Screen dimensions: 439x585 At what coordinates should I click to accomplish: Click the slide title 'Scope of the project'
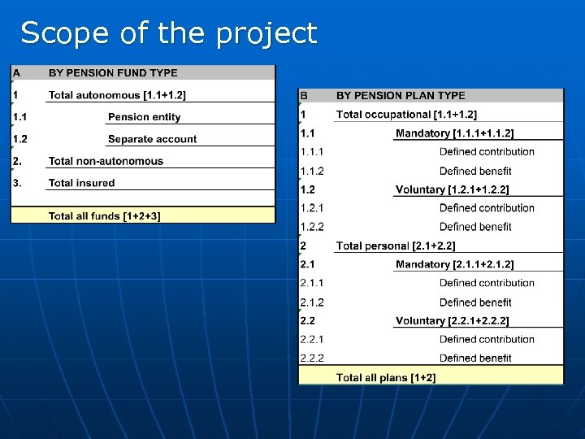pos(168,33)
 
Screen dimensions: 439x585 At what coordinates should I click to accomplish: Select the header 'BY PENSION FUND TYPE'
pos(113,73)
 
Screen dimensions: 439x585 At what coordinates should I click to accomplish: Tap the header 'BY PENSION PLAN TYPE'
pos(401,96)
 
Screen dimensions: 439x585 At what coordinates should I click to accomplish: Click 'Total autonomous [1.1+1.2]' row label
pos(117,95)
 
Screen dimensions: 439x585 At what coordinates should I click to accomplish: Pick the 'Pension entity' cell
pos(145,117)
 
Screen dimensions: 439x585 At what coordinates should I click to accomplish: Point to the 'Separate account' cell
pos(152,139)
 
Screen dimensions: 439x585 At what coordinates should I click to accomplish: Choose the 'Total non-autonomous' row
pos(106,161)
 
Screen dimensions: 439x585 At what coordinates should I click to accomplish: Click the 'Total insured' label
pos(81,183)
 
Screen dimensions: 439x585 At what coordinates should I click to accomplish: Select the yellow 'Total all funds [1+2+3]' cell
pos(105,215)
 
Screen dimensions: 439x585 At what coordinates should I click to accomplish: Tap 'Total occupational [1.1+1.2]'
pos(406,115)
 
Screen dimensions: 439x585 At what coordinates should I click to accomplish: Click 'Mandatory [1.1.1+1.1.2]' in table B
pos(454,133)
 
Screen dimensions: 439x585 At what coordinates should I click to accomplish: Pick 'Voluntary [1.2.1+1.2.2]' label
pos(452,189)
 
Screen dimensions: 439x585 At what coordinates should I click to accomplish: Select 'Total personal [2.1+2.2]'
pos(396,246)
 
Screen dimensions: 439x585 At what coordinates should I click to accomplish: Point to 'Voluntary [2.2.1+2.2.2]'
pos(452,320)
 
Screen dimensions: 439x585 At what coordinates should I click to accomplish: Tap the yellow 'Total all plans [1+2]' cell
pos(386,377)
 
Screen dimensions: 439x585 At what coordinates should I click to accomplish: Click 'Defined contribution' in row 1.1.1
pos(487,152)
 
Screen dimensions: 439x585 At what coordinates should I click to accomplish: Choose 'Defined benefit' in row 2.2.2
pos(475,358)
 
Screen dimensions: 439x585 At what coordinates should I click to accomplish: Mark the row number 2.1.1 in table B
pos(312,283)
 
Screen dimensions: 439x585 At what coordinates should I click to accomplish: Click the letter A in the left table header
pos(16,73)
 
